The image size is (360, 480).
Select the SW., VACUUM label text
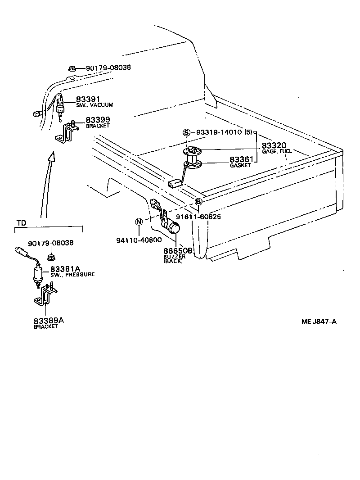click(94, 105)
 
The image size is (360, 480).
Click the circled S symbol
click(186, 133)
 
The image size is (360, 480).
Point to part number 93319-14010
click(218, 133)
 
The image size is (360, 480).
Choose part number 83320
click(274, 145)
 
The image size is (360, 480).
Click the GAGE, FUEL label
click(277, 152)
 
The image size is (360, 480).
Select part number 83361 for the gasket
click(242, 160)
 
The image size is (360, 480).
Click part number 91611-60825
click(198, 217)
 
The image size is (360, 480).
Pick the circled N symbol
click(139, 222)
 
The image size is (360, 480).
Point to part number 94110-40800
click(139, 240)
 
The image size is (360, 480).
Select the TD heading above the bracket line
click(21, 223)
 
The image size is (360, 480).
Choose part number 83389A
click(49, 321)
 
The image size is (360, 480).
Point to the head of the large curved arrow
click(52, 157)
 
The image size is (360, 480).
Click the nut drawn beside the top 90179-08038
click(72, 68)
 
